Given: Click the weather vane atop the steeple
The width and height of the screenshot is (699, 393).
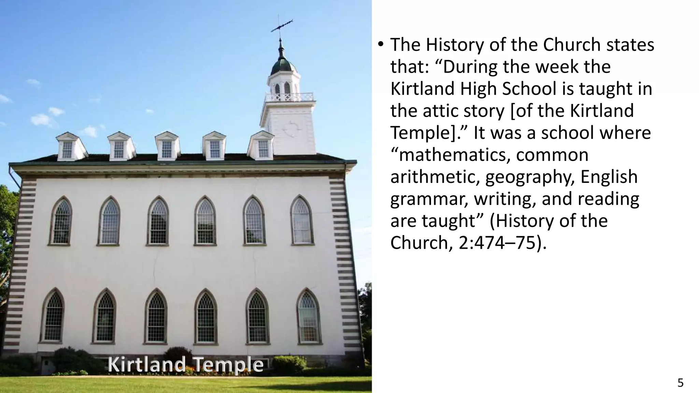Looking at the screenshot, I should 282,25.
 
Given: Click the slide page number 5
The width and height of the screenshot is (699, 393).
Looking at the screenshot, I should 680,383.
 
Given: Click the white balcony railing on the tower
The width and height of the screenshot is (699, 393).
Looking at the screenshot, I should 289,97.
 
